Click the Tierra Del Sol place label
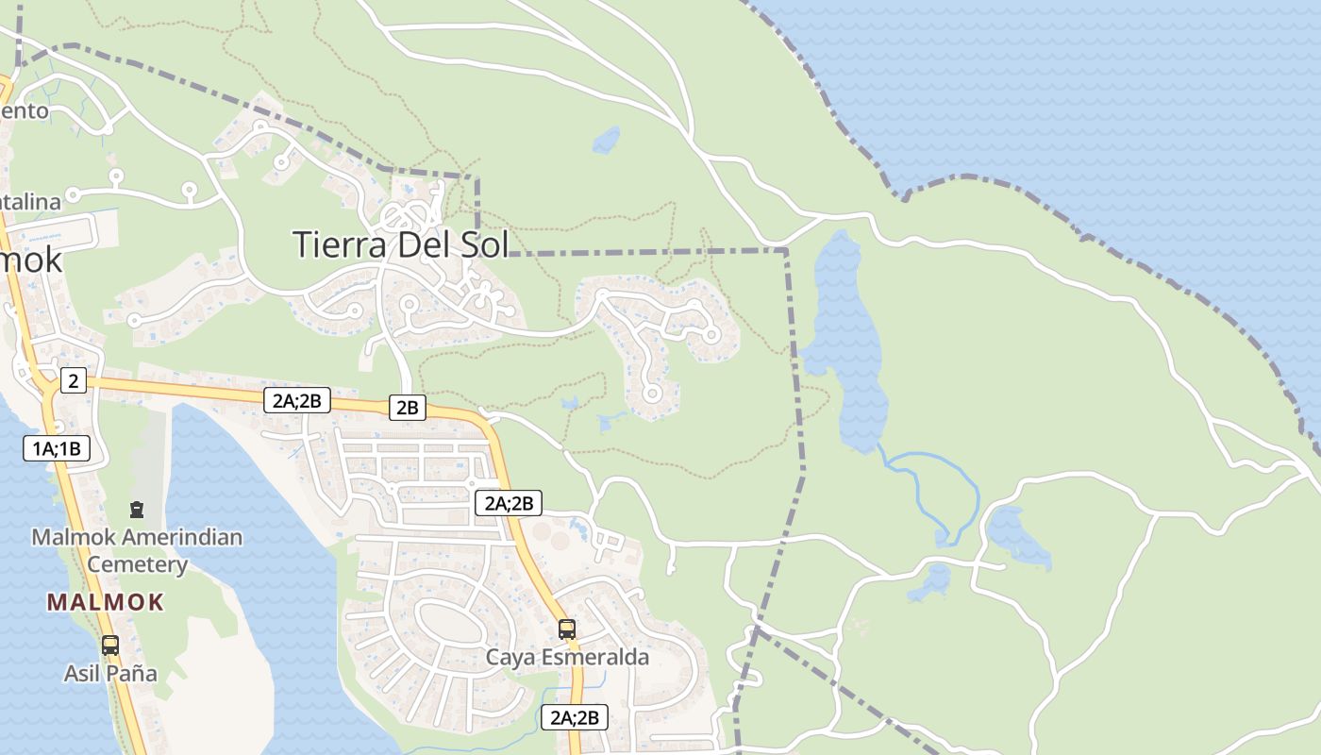click(400, 244)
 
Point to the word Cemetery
click(138, 564)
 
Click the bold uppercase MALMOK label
click(106, 601)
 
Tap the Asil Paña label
click(110, 673)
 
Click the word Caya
click(510, 657)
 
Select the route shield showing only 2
click(73, 381)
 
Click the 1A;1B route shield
click(57, 448)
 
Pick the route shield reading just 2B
click(407, 408)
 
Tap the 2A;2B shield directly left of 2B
click(297, 400)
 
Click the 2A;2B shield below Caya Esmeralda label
click(575, 717)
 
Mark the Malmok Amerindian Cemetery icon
click(137, 511)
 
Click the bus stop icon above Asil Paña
click(110, 646)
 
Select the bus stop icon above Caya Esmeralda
click(566, 629)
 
